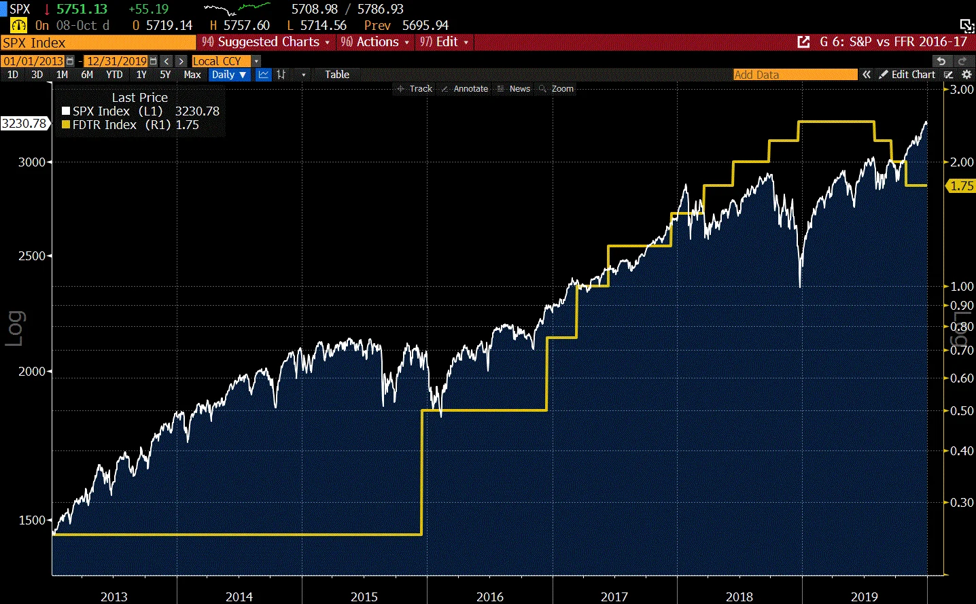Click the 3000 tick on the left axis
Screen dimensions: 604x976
click(31, 162)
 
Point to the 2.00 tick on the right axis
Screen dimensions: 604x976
click(962, 162)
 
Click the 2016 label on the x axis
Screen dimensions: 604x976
click(489, 597)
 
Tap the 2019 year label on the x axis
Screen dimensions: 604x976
click(864, 597)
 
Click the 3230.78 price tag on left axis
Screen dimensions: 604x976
click(24, 124)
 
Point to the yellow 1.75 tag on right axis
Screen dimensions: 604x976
click(962, 186)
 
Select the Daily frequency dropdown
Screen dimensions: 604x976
click(228, 75)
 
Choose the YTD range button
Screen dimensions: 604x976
click(114, 75)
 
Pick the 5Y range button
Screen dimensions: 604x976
click(165, 75)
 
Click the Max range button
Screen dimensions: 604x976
click(192, 75)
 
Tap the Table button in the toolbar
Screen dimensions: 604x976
click(336, 75)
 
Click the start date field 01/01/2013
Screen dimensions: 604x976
click(33, 61)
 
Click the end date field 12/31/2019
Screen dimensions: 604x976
click(117, 61)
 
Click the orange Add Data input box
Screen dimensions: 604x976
click(795, 75)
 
